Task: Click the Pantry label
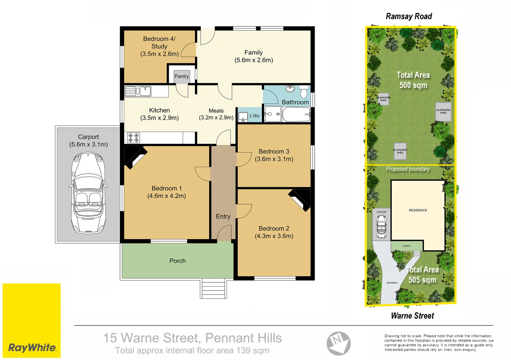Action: point(181,76)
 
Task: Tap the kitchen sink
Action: point(138,91)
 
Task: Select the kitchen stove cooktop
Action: point(133,138)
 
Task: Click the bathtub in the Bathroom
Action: point(296,115)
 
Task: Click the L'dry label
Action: point(254,116)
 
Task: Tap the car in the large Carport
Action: point(88,193)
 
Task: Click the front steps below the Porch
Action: point(213,289)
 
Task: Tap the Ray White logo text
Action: point(32,348)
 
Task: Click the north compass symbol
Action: point(338,343)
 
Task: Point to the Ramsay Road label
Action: point(409,16)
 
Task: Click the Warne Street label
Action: point(412,316)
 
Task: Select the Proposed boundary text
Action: point(408,169)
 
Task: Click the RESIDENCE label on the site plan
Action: point(418,210)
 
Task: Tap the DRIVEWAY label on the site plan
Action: point(392,283)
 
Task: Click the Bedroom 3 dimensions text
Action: point(274,159)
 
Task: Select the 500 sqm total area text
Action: point(413,85)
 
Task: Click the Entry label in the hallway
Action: point(223,217)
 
